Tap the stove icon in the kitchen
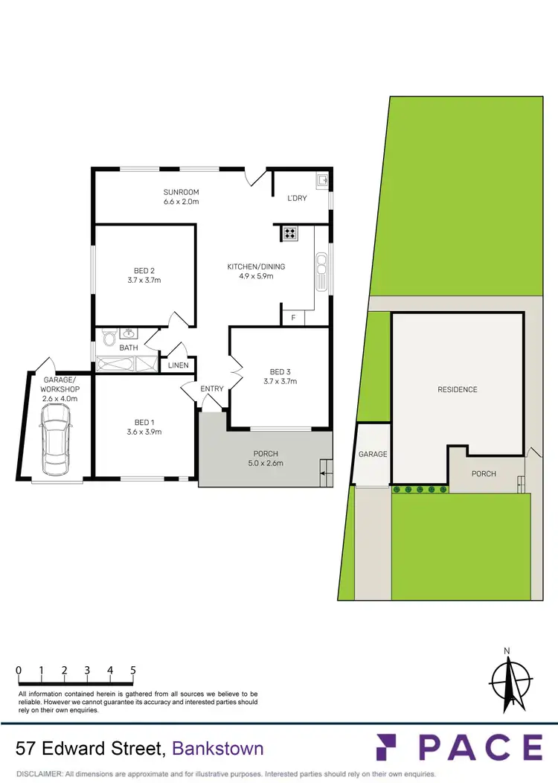(290, 234)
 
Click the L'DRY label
(298, 198)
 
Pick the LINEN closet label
(179, 365)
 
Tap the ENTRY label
(212, 389)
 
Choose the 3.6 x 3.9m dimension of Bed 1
(144, 432)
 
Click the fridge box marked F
(293, 318)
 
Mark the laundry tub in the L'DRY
(323, 180)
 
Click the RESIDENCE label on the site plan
(458, 389)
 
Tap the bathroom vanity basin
(129, 334)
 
